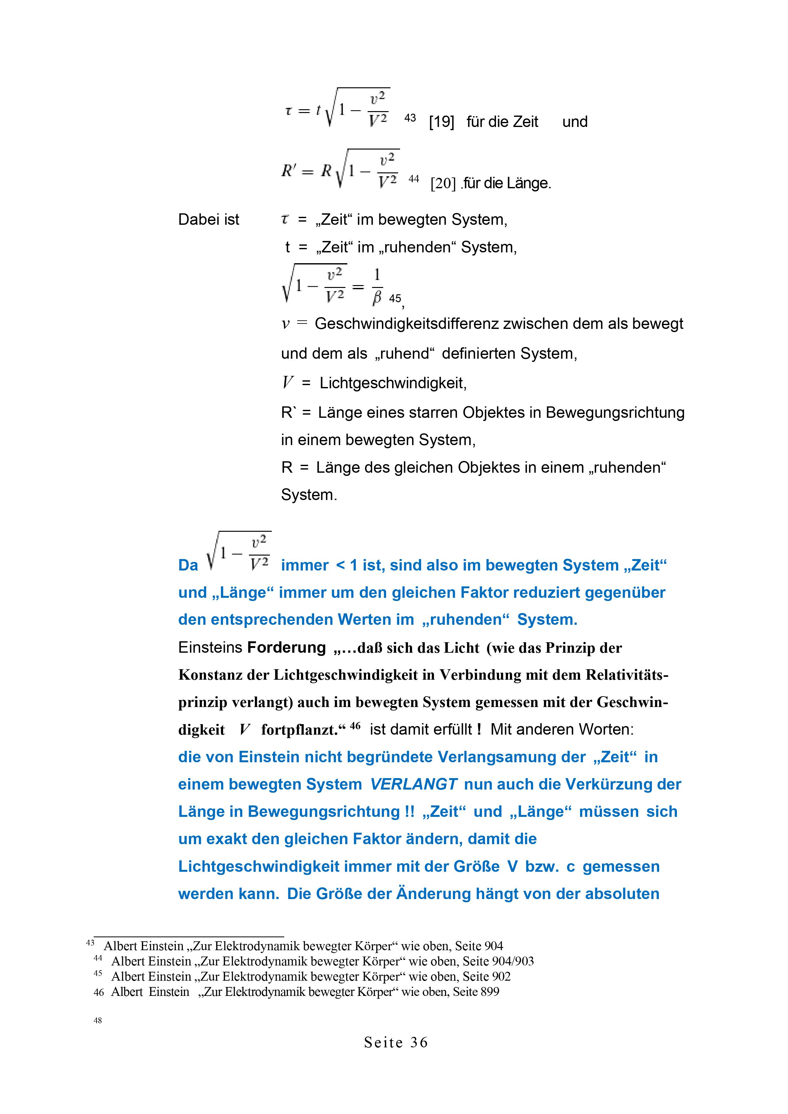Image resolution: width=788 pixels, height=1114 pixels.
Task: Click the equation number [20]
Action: (443, 183)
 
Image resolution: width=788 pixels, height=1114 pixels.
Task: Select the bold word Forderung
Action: (286, 648)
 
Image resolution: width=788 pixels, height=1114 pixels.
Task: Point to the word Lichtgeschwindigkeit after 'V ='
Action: (393, 383)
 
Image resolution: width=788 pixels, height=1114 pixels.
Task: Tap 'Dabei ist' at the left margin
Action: (209, 220)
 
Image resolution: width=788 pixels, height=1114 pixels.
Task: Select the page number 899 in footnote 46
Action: (490, 992)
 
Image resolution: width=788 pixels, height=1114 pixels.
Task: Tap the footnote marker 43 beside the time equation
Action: (410, 118)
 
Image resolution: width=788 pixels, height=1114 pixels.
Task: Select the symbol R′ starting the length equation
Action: (289, 171)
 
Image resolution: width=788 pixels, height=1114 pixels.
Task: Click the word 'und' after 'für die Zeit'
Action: (575, 122)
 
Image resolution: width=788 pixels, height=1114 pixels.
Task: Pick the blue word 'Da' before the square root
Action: (188, 565)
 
